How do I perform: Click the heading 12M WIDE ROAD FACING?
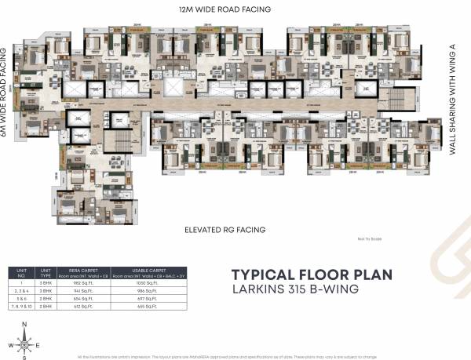click(x=225, y=9)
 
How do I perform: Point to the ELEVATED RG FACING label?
click(x=225, y=230)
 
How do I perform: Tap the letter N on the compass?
click(x=24, y=324)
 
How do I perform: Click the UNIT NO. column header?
click(x=21, y=272)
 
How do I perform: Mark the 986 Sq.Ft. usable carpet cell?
click(x=147, y=290)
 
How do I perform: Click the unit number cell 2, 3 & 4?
click(x=21, y=290)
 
